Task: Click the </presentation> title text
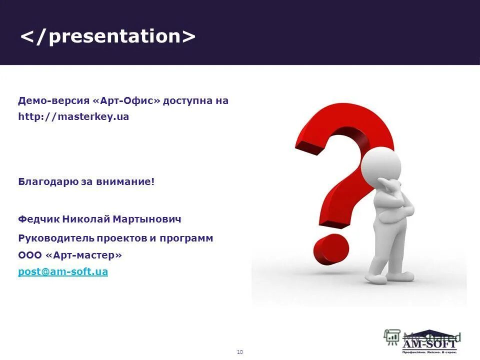pyautogui.click(x=107, y=36)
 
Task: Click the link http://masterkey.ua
pyautogui.click(x=73, y=117)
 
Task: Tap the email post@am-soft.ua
pyautogui.click(x=63, y=272)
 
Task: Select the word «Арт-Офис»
pyautogui.click(x=127, y=100)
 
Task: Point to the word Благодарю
pyautogui.click(x=48, y=181)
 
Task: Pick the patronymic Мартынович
pyautogui.click(x=147, y=219)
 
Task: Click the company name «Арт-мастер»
pyautogui.click(x=83, y=255)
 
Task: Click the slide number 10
pyautogui.click(x=239, y=352)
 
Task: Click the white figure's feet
pyautogui.click(x=387, y=275)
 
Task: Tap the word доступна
pyautogui.click(x=188, y=100)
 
